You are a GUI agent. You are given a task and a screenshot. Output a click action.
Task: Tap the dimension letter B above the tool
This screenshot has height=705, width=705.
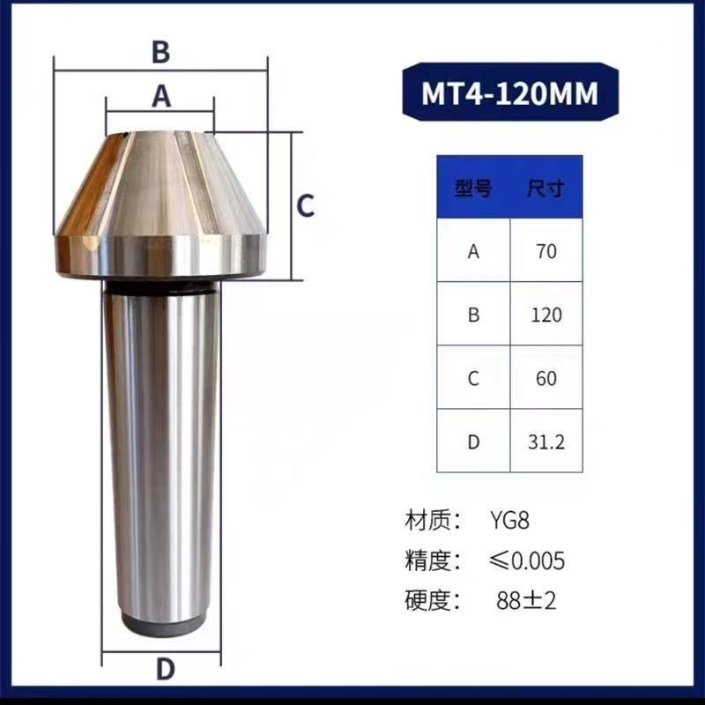pyautogui.click(x=160, y=52)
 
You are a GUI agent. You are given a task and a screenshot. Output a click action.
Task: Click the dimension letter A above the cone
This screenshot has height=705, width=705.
pyautogui.click(x=160, y=95)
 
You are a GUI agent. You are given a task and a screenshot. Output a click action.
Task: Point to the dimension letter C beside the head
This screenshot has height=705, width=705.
pyautogui.click(x=304, y=206)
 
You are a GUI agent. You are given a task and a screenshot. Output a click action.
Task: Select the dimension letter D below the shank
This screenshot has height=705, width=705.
pyautogui.click(x=165, y=669)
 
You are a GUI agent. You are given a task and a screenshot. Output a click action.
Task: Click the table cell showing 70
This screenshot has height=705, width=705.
pyautogui.click(x=546, y=251)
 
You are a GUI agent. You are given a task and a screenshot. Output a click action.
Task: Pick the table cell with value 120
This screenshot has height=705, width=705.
pyautogui.click(x=546, y=315)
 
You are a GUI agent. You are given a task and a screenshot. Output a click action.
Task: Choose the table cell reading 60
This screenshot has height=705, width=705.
pyautogui.click(x=546, y=378)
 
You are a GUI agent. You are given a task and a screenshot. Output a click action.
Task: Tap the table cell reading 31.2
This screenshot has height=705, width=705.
pyautogui.click(x=546, y=442)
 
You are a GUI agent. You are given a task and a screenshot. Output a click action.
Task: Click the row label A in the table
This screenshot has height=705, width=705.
pyautogui.click(x=473, y=251)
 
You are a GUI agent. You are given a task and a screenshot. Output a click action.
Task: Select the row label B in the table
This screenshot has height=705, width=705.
pyautogui.click(x=473, y=315)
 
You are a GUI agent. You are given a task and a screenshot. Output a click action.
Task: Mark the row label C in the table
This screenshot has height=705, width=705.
pyautogui.click(x=473, y=378)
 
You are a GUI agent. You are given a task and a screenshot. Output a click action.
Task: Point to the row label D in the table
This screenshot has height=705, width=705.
pyautogui.click(x=473, y=442)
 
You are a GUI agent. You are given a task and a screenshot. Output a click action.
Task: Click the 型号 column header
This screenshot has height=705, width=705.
pyautogui.click(x=473, y=188)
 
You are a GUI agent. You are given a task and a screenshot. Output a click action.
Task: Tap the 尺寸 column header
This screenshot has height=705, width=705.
pyautogui.click(x=545, y=188)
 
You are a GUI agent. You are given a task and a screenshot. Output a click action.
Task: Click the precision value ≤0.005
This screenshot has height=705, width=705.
pyautogui.click(x=527, y=560)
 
